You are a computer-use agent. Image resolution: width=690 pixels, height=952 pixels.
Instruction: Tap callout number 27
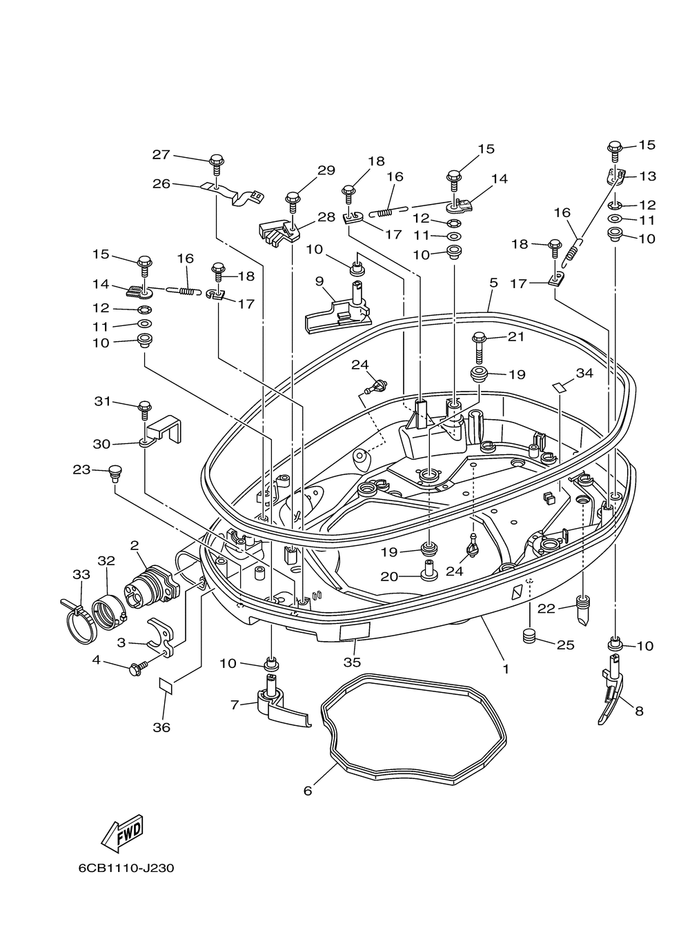click(161, 154)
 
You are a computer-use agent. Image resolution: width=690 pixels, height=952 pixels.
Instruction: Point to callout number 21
click(516, 336)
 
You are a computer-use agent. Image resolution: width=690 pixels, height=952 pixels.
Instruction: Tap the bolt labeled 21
click(479, 348)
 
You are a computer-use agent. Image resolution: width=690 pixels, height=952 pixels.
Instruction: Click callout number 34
click(584, 373)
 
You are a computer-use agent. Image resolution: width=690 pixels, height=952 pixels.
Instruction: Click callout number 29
click(326, 170)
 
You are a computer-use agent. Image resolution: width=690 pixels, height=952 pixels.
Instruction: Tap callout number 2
click(135, 545)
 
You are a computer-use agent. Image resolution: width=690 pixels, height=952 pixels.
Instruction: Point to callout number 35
click(352, 662)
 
